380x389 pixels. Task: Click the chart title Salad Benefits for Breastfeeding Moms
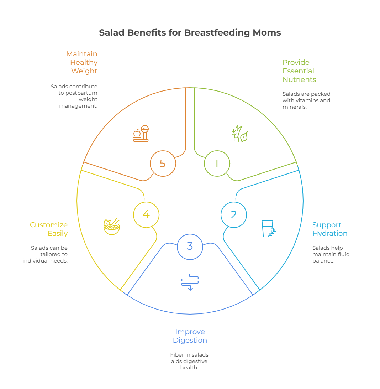[190, 33]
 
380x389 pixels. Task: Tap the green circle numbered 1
[217, 164]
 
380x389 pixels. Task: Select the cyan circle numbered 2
[233, 215]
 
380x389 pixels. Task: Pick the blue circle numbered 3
[190, 246]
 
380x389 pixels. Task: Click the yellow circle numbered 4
[146, 214]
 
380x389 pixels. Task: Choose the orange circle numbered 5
[163, 164]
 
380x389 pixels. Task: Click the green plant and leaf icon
[239, 134]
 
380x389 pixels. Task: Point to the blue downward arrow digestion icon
[190, 281]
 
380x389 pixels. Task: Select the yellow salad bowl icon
[111, 227]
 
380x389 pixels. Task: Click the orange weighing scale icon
[141, 134]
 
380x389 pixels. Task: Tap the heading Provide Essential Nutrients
[299, 71]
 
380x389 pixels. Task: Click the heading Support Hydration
[330, 229]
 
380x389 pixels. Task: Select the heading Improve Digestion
[190, 336]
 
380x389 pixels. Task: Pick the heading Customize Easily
[49, 229]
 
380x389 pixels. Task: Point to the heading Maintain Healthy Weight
[82, 62]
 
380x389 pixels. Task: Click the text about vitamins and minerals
[306, 100]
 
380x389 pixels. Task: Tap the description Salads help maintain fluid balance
[331, 254]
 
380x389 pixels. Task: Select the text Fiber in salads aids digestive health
[189, 361]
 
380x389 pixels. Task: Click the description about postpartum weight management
[74, 96]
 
